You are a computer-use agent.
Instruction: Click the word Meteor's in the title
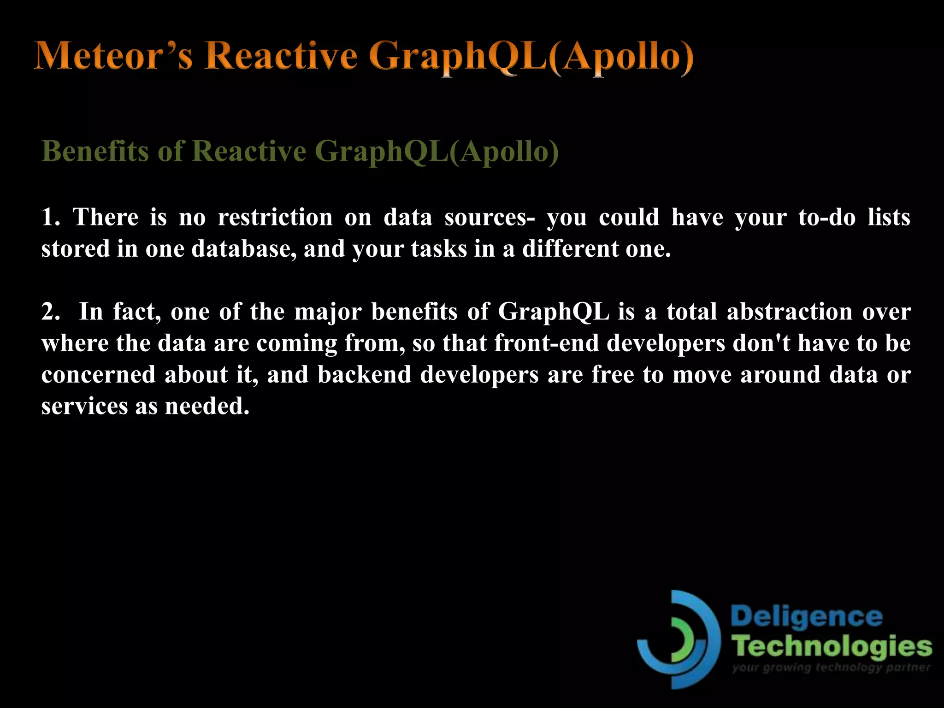pos(113,56)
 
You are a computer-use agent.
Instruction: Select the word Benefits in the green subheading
pos(94,151)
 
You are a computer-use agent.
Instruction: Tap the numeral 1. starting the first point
pos(50,217)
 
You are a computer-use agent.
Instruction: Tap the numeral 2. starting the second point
pos(50,312)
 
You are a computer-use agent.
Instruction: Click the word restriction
pos(275,217)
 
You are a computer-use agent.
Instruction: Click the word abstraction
pos(790,312)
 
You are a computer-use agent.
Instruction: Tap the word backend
pos(364,374)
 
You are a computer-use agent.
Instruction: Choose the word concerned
pos(98,374)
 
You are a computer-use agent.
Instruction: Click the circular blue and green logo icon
pos(678,640)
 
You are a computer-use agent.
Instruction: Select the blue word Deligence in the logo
pos(806,617)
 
